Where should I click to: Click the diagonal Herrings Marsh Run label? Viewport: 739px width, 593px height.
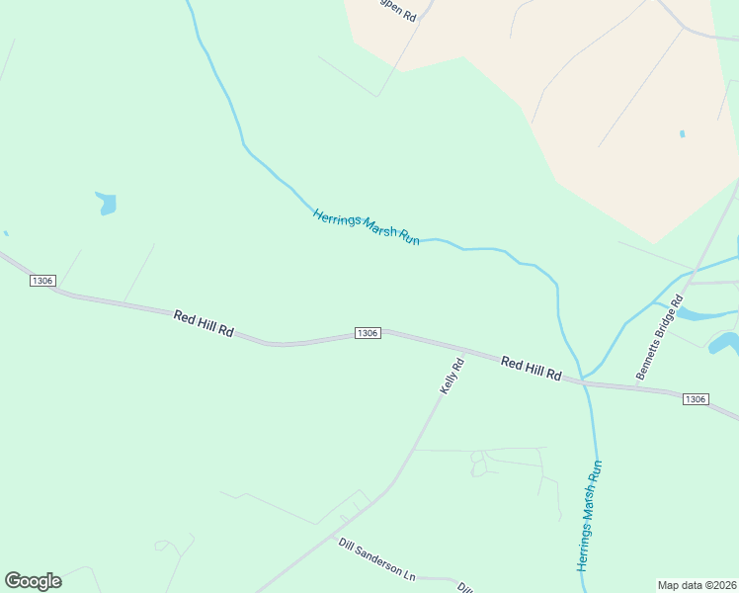[367, 227]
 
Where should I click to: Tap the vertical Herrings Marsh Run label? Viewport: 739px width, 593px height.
[589, 514]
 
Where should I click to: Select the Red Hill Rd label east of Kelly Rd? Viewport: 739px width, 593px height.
[531, 370]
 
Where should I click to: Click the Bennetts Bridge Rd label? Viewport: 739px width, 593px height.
[660, 338]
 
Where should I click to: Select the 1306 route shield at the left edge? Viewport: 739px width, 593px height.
[41, 282]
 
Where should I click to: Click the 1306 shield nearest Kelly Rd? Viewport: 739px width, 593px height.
[367, 333]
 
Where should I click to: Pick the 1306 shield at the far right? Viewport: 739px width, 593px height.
[695, 398]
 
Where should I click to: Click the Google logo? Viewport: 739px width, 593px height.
[33, 581]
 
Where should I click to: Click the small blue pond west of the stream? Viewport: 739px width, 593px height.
[106, 204]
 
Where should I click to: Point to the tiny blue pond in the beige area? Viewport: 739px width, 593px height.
[682, 133]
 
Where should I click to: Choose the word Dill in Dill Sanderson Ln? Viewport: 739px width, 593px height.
[347, 546]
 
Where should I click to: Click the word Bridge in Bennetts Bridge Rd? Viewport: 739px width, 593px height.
[661, 338]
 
